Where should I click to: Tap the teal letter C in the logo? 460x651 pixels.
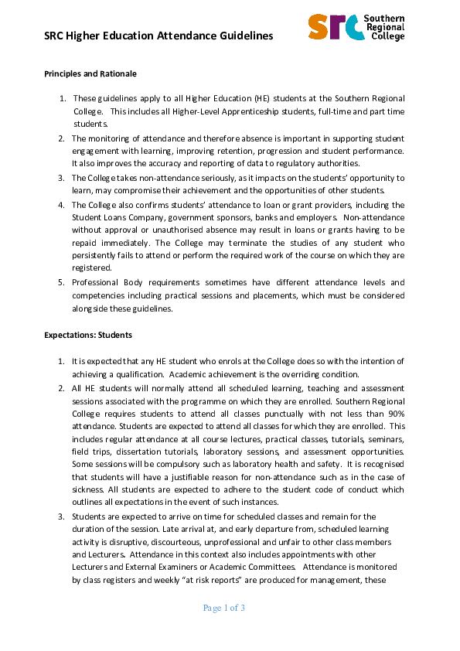click(x=355, y=27)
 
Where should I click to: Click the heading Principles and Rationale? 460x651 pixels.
click(x=90, y=74)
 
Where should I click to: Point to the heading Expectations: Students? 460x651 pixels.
click(x=88, y=336)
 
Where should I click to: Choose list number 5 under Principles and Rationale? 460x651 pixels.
click(x=62, y=283)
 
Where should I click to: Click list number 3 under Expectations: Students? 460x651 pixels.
click(x=62, y=516)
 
